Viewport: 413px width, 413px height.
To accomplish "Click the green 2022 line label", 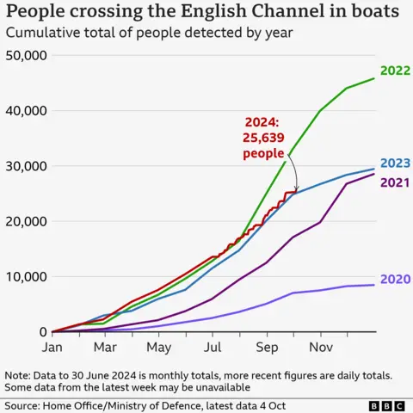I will pos(393,71).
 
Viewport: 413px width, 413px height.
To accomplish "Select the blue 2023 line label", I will pos(393,163).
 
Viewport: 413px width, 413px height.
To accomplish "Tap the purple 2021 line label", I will pos(393,182).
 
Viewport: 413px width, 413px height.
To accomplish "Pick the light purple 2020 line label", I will pos(393,279).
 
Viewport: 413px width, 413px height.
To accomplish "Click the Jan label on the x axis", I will pos(52,348).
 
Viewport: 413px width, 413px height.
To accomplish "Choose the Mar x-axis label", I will pos(105,348).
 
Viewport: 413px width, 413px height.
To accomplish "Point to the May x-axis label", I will pos(158,348).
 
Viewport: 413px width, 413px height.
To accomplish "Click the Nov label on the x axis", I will pos(320,348).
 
